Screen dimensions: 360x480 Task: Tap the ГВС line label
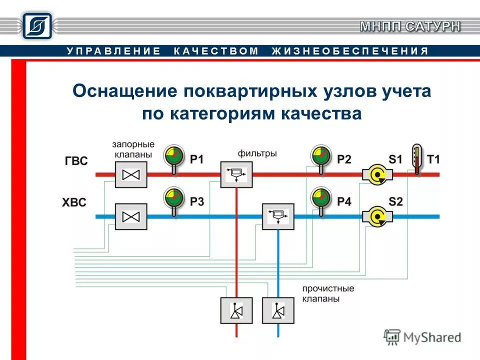[76, 161]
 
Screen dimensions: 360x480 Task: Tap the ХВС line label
[74, 203]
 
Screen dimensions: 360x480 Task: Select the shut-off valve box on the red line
[131, 174]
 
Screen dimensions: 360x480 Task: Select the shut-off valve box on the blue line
[131, 216]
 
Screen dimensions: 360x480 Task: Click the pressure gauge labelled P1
[173, 156]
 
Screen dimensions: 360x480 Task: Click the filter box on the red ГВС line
[236, 174]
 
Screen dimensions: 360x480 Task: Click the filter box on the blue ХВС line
[278, 216]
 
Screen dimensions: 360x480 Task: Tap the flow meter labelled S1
[376, 174]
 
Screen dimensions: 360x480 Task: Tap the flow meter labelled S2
[376, 216]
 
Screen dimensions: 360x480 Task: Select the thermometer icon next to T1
[416, 159]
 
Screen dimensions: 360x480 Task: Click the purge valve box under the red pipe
[236, 310]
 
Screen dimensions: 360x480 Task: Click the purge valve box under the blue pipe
[278, 310]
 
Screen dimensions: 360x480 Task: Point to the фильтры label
[257, 153]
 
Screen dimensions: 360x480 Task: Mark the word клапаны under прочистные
[321, 299]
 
